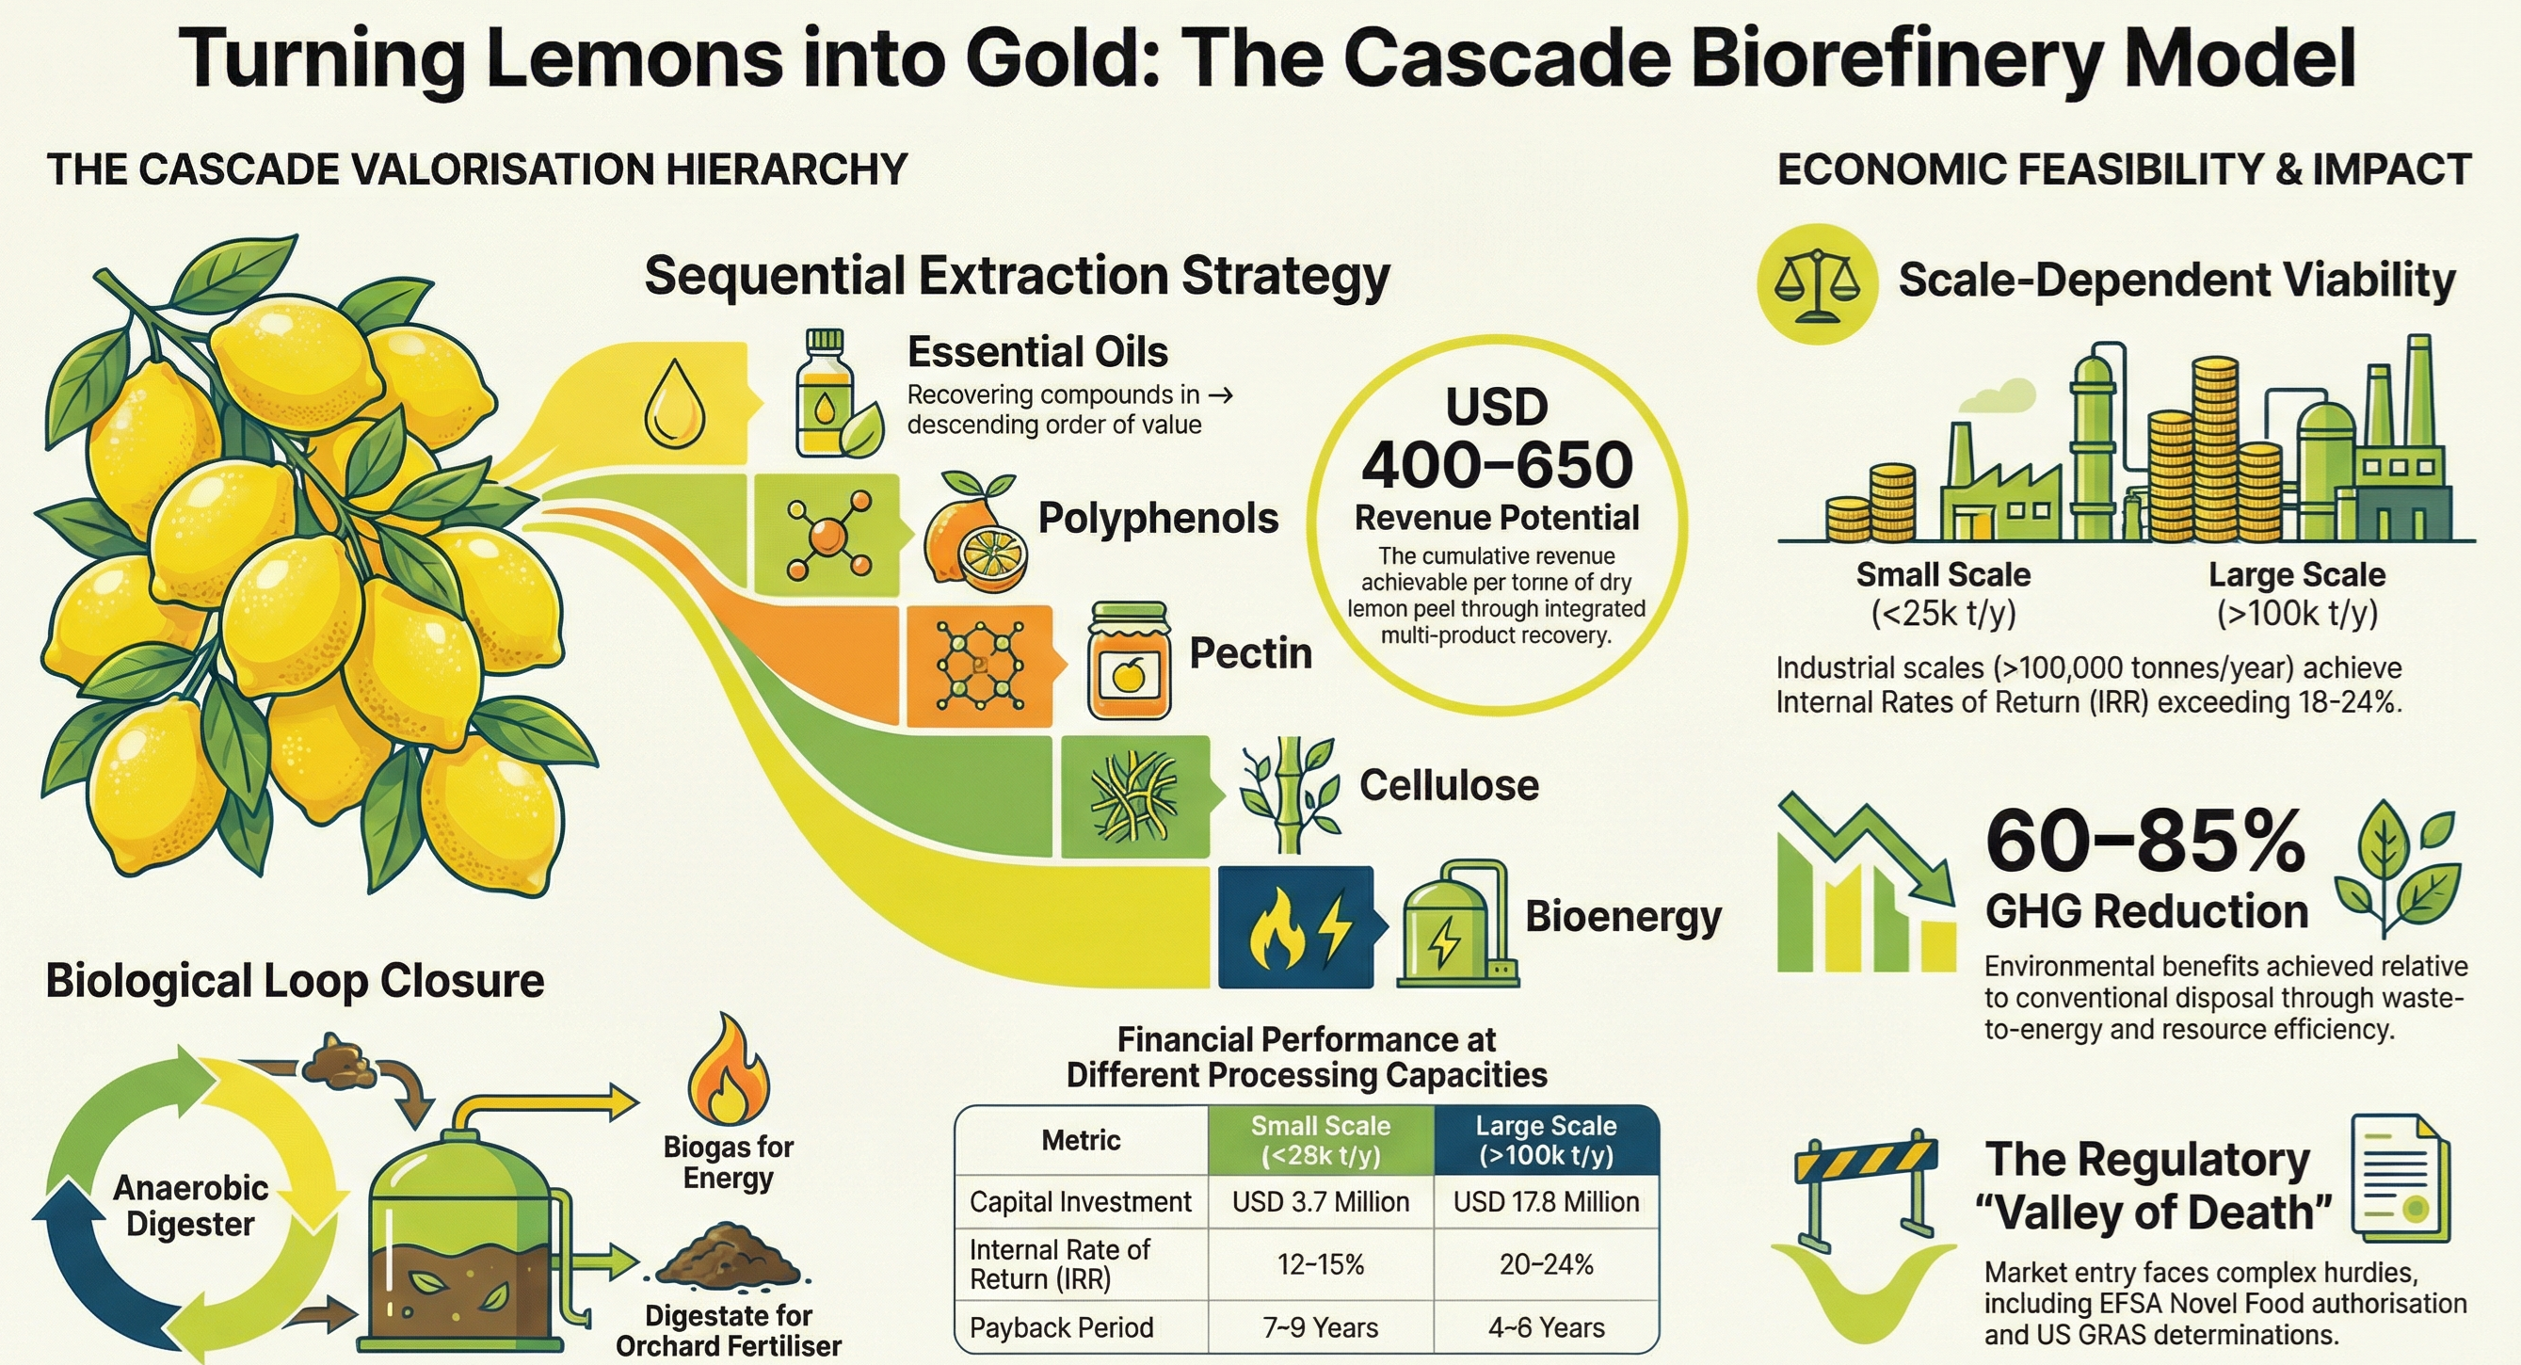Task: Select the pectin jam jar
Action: point(1129,662)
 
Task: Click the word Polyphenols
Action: point(1158,519)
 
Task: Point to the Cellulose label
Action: point(1449,786)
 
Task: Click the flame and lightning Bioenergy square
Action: point(1294,926)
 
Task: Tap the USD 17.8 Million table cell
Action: point(1546,1201)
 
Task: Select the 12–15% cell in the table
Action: point(1320,1264)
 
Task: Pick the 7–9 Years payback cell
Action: point(1320,1328)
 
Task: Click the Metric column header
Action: point(1081,1140)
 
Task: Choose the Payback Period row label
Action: point(1062,1328)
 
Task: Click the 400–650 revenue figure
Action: point(1497,466)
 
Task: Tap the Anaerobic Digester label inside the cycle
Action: point(191,1206)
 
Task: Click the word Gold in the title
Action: point(1052,58)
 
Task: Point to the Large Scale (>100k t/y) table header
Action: point(1546,1140)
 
